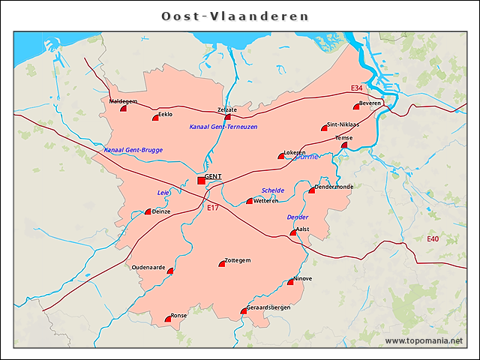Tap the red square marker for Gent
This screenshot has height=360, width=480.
201,180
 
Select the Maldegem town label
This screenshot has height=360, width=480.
123,100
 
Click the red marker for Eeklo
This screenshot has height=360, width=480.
156,118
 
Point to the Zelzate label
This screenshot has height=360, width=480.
226,109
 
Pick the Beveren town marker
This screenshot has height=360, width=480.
357,106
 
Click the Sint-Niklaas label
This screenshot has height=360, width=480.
343,124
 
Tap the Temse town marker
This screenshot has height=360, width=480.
344,145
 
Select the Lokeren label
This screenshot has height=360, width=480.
295,152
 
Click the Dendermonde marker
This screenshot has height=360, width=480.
312,190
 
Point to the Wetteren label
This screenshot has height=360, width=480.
266,201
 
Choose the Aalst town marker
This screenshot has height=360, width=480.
294,233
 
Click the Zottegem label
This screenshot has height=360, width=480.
237,259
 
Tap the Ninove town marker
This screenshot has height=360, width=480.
291,282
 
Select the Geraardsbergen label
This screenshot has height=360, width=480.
268,307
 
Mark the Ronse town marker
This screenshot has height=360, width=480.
168,319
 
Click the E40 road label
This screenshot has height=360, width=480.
433,238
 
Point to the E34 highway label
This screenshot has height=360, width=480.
356,88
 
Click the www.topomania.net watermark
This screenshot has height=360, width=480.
424,340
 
